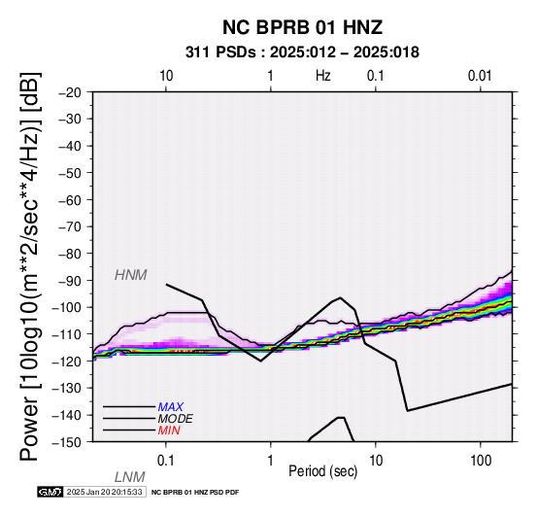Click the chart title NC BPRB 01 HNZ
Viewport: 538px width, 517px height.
(x=302, y=27)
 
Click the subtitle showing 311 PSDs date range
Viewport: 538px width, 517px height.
(x=302, y=52)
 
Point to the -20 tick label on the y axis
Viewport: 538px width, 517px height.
(x=70, y=92)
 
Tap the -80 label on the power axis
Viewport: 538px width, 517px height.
(x=70, y=254)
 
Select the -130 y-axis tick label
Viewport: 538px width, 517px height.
(x=67, y=389)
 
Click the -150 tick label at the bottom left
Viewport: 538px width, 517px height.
(x=67, y=442)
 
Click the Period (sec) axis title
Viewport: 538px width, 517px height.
(x=322, y=471)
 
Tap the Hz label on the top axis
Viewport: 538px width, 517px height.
(x=322, y=76)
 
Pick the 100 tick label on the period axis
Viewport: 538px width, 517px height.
(x=481, y=461)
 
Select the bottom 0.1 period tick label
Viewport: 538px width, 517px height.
(x=166, y=461)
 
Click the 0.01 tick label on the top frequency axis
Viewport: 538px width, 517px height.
(x=480, y=76)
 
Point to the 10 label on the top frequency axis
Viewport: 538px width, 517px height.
(x=166, y=76)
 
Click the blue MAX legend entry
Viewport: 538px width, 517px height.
(x=170, y=407)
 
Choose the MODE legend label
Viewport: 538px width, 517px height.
(x=176, y=419)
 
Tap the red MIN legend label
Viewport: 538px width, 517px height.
(x=169, y=431)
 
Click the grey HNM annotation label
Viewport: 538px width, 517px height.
(x=131, y=275)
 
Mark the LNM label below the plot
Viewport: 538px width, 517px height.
(x=130, y=477)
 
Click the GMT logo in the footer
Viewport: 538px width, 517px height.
(x=50, y=492)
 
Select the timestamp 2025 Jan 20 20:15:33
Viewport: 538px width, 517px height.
(x=104, y=492)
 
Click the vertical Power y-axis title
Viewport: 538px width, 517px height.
(x=30, y=266)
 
